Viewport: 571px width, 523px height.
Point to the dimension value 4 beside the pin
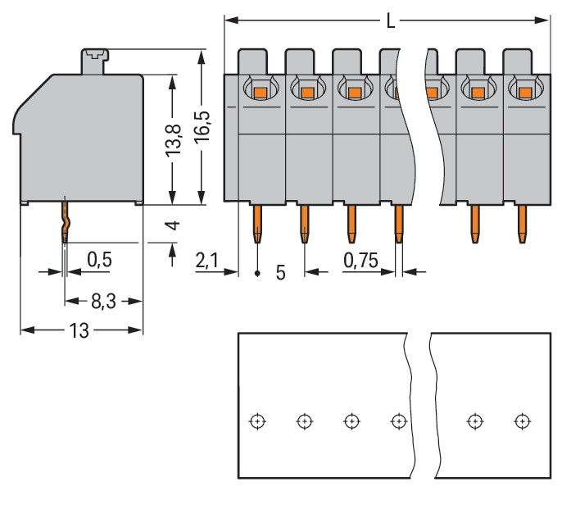coord(172,225)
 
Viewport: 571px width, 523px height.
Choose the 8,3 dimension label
coord(103,302)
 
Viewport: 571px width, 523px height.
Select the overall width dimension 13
coord(79,330)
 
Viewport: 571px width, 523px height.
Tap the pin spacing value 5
coord(280,272)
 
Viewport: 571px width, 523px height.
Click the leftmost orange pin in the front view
coord(257,224)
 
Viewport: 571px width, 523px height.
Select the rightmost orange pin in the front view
coord(521,224)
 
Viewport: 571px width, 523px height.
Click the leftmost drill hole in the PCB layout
coord(257,421)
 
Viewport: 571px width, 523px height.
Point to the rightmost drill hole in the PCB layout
coord(521,421)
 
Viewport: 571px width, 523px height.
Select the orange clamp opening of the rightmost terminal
coord(521,93)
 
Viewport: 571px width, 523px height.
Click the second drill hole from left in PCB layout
coord(304,421)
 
